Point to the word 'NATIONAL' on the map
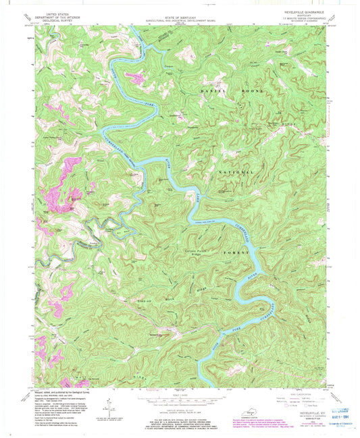[236, 173]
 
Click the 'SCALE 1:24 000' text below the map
[180, 394]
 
